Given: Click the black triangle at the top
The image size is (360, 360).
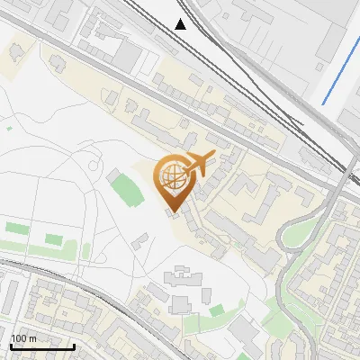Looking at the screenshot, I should [182, 23].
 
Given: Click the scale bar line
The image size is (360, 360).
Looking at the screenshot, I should [41, 346].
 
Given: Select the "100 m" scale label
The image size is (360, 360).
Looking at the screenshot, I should [23, 338].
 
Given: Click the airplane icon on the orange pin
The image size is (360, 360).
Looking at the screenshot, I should [198, 163].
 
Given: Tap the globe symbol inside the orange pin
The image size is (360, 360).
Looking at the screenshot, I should [171, 176].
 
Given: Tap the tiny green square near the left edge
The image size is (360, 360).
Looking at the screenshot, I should [10, 129].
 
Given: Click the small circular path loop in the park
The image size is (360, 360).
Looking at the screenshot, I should [94, 166].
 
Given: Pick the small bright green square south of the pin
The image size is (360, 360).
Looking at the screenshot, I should [217, 310].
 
